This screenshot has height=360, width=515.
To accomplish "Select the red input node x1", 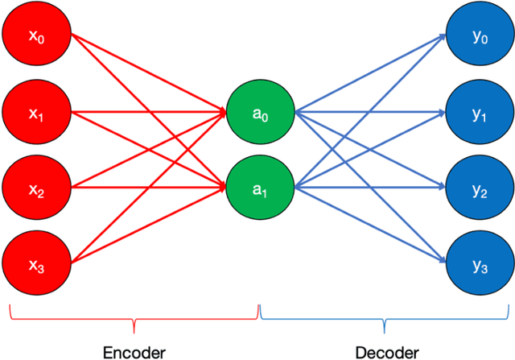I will (36, 114).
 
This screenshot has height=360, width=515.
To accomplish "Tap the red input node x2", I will (36, 189).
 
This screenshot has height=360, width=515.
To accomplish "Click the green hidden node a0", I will (260, 113).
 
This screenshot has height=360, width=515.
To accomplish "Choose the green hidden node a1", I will (260, 188).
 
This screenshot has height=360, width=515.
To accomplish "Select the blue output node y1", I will (480, 114).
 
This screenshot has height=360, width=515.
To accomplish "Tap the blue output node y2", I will (480, 189).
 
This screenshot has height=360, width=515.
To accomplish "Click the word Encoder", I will (134, 352).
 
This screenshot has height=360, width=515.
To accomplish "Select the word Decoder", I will (387, 352).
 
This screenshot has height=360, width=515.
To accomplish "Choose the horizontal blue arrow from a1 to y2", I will (370, 189).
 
